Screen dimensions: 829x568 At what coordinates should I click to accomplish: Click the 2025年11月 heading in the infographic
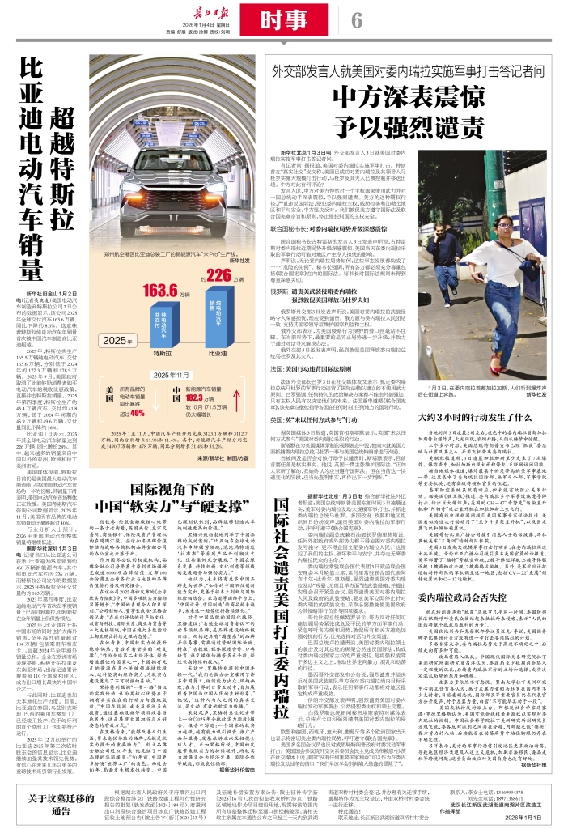pyautogui.click(x=167, y=376)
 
